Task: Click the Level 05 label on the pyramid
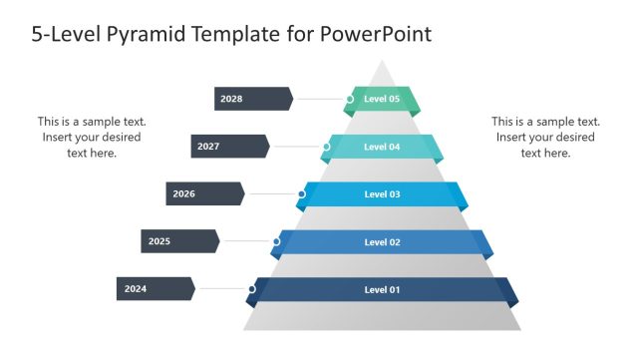click(x=382, y=99)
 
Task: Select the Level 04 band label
click(x=382, y=147)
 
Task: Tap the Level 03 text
click(x=382, y=193)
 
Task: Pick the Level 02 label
click(x=382, y=241)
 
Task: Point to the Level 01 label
click(x=382, y=289)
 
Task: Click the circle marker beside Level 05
click(x=350, y=99)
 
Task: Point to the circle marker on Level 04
click(x=326, y=147)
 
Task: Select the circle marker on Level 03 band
click(x=301, y=193)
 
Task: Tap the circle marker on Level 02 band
click(x=276, y=241)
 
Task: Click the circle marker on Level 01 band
click(x=252, y=289)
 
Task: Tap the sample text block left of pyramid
click(x=90, y=137)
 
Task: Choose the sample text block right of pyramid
click(x=545, y=137)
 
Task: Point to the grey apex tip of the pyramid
click(x=381, y=68)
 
